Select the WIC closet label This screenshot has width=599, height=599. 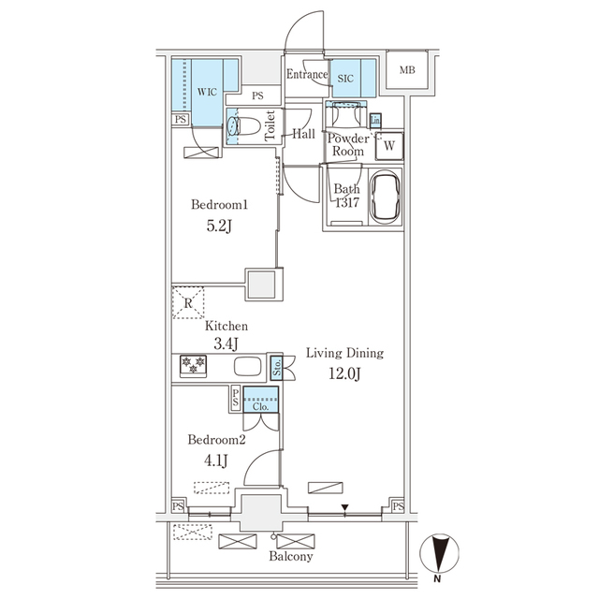(208, 92)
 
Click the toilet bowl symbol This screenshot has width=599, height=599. (245, 125)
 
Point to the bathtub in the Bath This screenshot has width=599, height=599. (387, 197)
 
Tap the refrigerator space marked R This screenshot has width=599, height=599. (187, 302)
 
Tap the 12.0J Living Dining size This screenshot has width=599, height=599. (344, 374)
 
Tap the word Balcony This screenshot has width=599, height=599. (291, 556)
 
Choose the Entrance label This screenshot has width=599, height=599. (307, 75)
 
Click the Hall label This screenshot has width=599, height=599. (303, 134)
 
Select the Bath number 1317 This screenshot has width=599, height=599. (346, 203)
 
